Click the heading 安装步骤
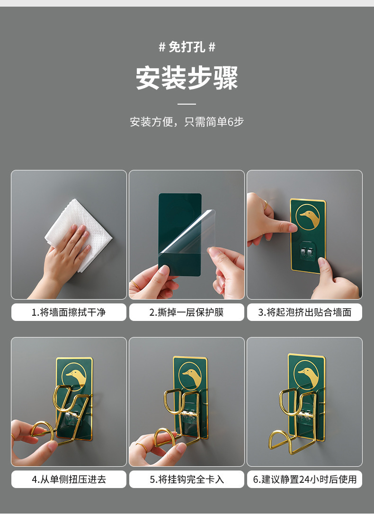(x=187, y=78)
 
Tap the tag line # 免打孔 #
(x=187, y=47)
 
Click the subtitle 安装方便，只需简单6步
(x=187, y=122)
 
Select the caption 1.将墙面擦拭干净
(x=69, y=312)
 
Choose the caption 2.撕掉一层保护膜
(x=187, y=312)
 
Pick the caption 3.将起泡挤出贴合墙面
(x=304, y=312)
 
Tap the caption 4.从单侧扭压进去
(x=69, y=479)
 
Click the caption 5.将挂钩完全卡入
(x=187, y=479)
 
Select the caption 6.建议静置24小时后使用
(x=304, y=479)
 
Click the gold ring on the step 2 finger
(x=135, y=285)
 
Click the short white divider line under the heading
(x=187, y=104)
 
